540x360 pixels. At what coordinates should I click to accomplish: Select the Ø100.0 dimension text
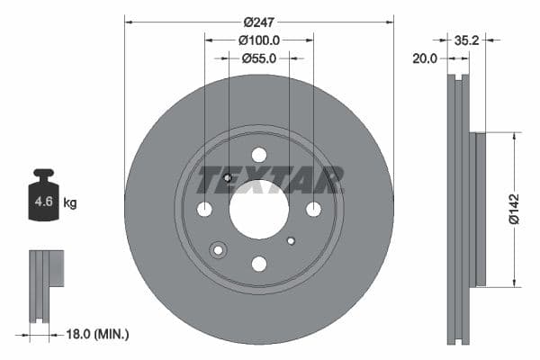[259, 40]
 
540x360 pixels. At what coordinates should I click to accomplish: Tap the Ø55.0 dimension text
[259, 58]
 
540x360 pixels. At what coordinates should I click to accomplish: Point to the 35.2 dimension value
[466, 40]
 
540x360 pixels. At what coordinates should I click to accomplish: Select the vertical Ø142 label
[513, 208]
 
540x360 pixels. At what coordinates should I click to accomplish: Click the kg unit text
[70, 203]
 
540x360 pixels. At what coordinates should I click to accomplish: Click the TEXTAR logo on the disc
[271, 180]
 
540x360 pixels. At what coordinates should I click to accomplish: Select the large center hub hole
[259, 209]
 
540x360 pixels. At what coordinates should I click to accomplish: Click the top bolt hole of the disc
[259, 155]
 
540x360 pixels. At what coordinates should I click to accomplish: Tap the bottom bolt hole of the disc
[259, 263]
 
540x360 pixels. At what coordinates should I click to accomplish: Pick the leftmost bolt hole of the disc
[205, 209]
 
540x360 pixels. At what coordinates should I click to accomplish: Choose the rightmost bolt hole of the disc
[313, 209]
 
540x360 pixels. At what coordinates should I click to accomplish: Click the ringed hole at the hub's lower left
[218, 249]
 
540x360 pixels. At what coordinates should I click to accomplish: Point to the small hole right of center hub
[291, 240]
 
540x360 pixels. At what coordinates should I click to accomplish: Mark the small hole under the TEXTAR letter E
[228, 177]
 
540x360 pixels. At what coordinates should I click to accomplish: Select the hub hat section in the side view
[481, 209]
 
